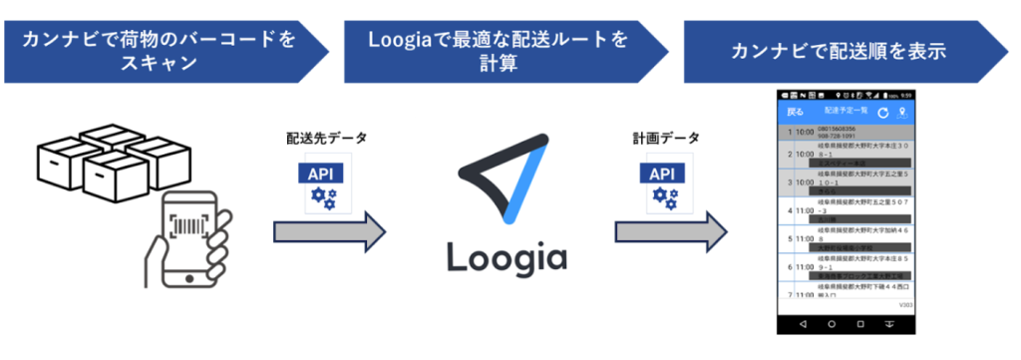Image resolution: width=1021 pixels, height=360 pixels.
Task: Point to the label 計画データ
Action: tap(665, 139)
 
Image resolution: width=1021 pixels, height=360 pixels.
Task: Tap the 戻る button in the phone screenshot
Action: tap(795, 112)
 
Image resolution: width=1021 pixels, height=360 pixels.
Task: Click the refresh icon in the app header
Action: tap(882, 112)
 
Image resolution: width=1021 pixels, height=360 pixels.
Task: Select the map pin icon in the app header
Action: tap(903, 112)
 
